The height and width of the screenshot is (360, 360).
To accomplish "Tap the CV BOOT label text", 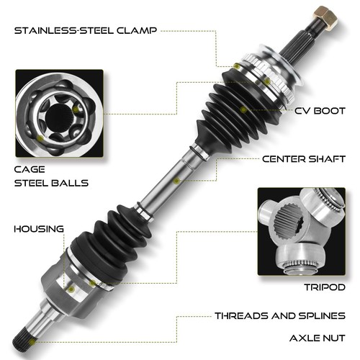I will click(x=316, y=112).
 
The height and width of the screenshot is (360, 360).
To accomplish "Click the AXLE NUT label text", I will click(x=318, y=337).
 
